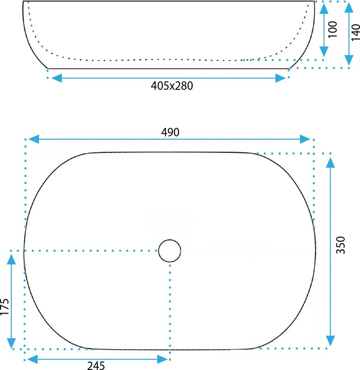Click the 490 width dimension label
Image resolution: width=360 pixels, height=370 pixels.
[170, 132]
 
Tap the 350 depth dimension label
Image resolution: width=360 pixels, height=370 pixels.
[340, 245]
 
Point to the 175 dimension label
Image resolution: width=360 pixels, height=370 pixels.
[4, 307]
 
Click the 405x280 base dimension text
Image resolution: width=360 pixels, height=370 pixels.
[172, 86]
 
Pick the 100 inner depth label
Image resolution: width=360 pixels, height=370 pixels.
[333, 29]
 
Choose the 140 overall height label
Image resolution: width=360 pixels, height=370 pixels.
[355, 32]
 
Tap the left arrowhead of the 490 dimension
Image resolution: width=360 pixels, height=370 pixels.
[34, 139]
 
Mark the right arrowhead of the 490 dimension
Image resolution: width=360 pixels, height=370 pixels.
[305, 139]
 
